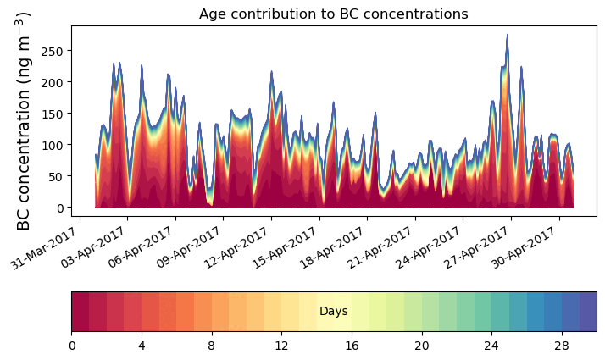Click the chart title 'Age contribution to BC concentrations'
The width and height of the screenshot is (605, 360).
point(333,14)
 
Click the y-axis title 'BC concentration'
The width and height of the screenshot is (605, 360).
point(24,120)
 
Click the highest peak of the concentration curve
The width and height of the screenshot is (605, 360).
point(507,36)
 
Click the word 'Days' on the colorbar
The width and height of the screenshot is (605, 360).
point(334,312)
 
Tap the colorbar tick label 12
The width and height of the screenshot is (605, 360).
point(281,346)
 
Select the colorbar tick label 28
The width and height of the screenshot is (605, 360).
point(561,346)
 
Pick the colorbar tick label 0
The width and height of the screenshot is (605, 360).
point(72,346)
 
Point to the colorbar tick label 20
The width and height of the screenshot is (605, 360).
point(421,346)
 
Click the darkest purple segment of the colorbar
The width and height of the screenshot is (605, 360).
point(587,312)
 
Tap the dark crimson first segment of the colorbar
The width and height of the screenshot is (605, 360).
point(80,312)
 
